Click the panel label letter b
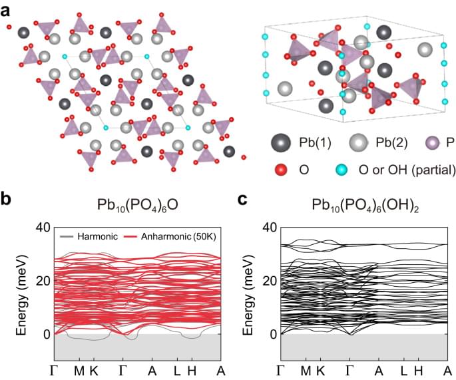(x=8, y=200)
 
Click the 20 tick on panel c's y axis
(x=270, y=281)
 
